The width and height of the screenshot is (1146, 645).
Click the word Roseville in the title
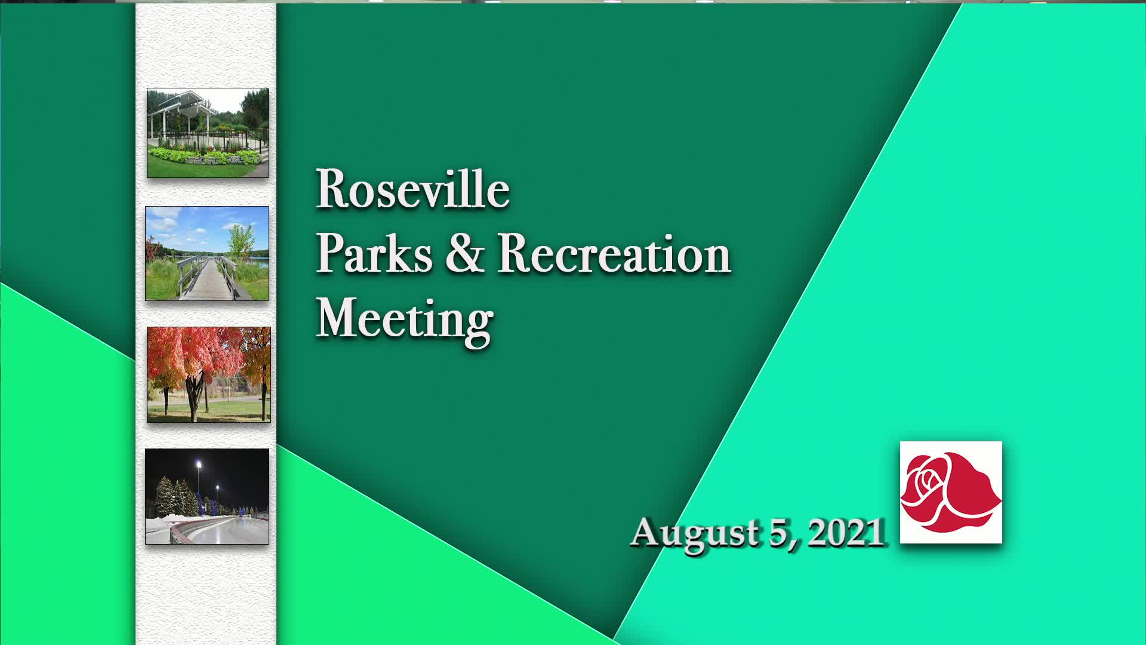pos(412,189)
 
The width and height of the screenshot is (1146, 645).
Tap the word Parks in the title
pos(374,254)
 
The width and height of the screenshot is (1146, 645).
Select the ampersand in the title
pos(464,253)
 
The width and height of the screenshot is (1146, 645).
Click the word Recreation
pos(614,253)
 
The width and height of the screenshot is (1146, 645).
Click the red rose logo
pos(951,492)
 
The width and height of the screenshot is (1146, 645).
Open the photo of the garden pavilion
pos(208,133)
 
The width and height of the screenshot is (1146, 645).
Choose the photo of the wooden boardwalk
pos(207,253)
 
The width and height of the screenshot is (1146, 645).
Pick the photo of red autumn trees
pos(208,374)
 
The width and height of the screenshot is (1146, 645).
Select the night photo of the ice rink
pos(207,496)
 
